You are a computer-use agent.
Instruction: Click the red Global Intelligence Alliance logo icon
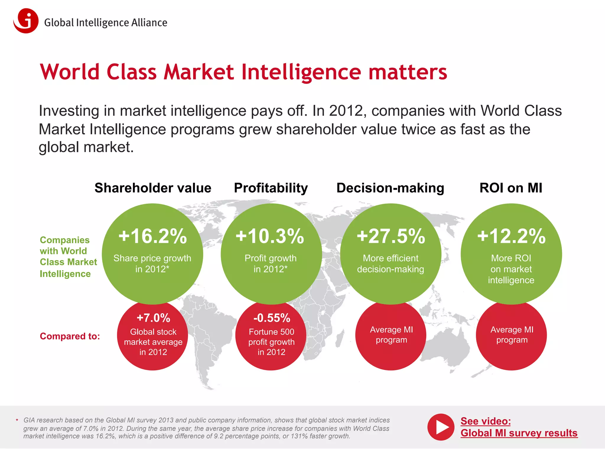pos(26,21)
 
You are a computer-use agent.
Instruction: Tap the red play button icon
pos(440,427)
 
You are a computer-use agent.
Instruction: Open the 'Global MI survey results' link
pos(519,433)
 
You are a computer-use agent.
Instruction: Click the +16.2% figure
pos(153,236)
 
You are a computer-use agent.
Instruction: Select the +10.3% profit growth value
pos(270,236)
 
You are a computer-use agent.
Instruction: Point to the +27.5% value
pos(391,236)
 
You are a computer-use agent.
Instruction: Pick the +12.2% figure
pos(511,236)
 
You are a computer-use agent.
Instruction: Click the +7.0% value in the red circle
pos(153,318)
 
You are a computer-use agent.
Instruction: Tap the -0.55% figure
pos(272,318)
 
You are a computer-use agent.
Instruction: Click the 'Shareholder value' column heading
pos(153,188)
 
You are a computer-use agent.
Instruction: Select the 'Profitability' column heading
pos(271,188)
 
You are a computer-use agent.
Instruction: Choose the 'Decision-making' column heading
pos(390,188)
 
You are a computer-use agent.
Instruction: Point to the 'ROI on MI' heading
pos(511,188)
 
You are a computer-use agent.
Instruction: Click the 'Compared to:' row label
pos(70,336)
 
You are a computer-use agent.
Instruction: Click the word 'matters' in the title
pos(408,72)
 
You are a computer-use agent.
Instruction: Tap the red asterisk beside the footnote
pos(17,420)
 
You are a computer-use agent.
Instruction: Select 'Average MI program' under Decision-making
pos(391,335)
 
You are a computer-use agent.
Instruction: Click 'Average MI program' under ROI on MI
pos(512,335)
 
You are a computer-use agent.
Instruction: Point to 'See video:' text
pos(486,421)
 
